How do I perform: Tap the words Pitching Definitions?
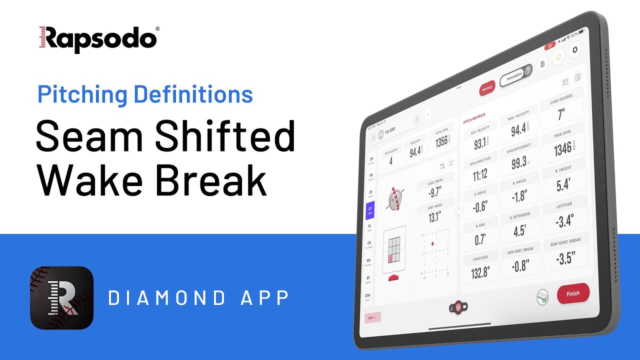click(145, 94)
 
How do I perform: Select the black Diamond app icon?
click(62, 297)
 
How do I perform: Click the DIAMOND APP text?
click(199, 298)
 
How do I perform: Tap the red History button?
click(486, 88)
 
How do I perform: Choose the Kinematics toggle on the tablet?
click(515, 75)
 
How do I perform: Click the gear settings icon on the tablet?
click(575, 49)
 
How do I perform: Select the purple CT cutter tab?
click(369, 210)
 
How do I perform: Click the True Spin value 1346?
click(562, 148)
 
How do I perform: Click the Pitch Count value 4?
click(391, 161)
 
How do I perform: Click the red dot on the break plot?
click(432, 243)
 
